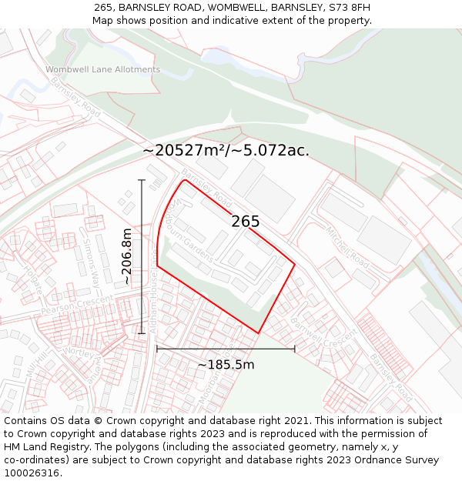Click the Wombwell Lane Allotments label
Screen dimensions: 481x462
pos(102,69)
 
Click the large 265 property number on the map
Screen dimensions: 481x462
pos(246,222)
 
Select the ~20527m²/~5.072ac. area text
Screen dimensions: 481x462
pos(226,150)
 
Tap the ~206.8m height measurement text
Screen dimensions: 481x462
pos(127,257)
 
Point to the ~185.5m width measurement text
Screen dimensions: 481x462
pos(226,365)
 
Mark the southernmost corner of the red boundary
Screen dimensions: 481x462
pos(257,333)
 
